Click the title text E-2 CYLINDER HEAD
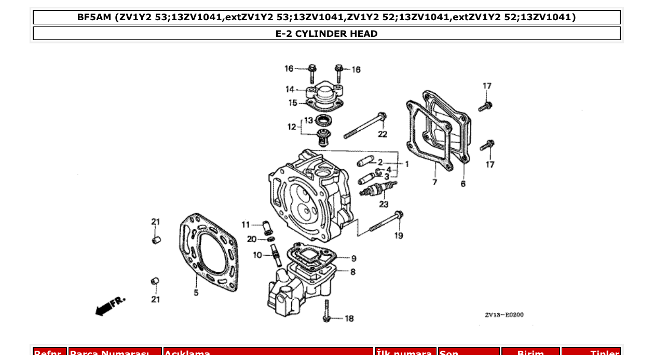pyautogui.click(x=326, y=34)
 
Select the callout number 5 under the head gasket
pyautogui.click(x=196, y=293)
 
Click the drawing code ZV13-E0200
pyautogui.click(x=504, y=315)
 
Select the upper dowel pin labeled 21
pyautogui.click(x=156, y=240)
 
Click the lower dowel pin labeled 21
pyautogui.click(x=155, y=282)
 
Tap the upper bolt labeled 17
pyautogui.click(x=485, y=106)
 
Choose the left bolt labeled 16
pyautogui.click(x=312, y=70)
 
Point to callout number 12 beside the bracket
pyautogui.click(x=292, y=127)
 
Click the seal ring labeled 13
pyautogui.click(x=324, y=121)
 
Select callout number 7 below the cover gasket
pyautogui.click(x=434, y=182)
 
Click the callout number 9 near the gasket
pyautogui.click(x=353, y=258)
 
